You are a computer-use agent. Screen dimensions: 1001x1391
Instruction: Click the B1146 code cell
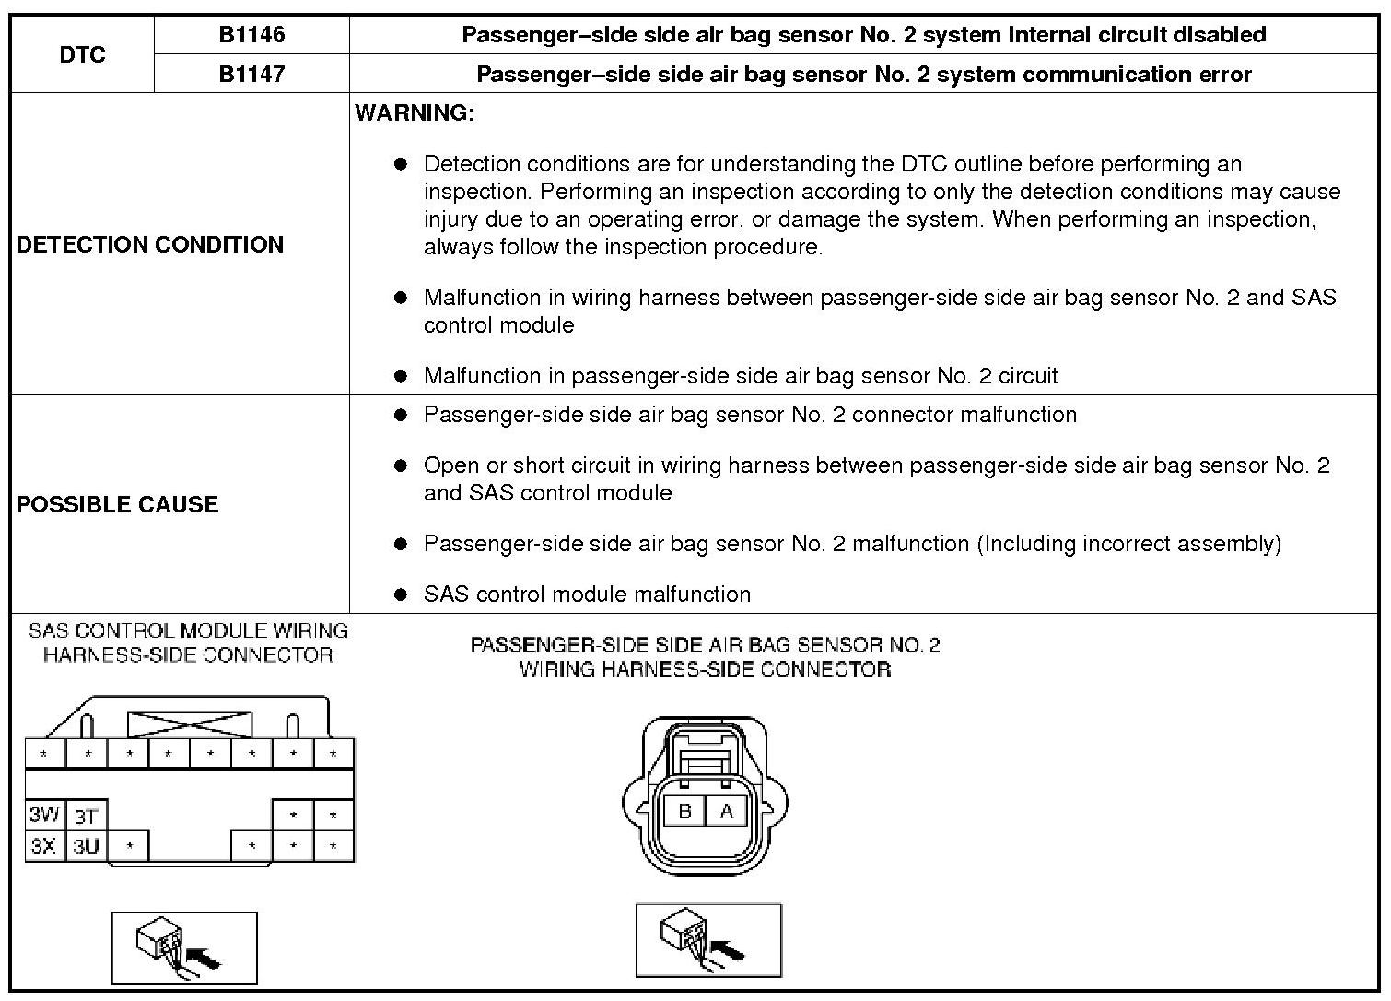(x=251, y=35)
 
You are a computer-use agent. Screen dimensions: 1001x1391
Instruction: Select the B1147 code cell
(x=251, y=74)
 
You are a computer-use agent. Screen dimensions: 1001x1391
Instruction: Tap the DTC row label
(x=82, y=54)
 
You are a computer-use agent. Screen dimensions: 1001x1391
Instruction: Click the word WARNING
(x=415, y=113)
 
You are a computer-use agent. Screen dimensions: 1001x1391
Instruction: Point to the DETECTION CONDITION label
(x=150, y=244)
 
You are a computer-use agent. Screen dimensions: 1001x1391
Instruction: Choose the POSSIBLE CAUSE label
(x=118, y=504)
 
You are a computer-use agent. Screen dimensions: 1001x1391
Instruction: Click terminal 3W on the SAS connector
(x=44, y=815)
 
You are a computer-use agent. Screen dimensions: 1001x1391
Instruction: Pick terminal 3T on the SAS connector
(x=86, y=816)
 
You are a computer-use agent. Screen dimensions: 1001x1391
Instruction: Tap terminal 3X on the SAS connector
(x=44, y=845)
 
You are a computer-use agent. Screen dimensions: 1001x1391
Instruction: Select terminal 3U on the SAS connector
(x=86, y=845)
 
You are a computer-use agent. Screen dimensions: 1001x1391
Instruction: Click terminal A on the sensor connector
(x=727, y=811)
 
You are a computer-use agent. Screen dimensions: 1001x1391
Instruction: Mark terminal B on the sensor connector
(x=684, y=811)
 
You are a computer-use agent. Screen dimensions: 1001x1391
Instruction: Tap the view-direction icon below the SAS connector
(x=183, y=948)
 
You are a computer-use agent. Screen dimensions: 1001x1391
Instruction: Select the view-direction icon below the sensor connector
(x=708, y=939)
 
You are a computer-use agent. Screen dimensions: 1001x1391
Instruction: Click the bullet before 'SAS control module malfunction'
(x=400, y=595)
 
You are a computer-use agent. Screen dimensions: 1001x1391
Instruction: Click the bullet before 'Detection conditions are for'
(x=400, y=164)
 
